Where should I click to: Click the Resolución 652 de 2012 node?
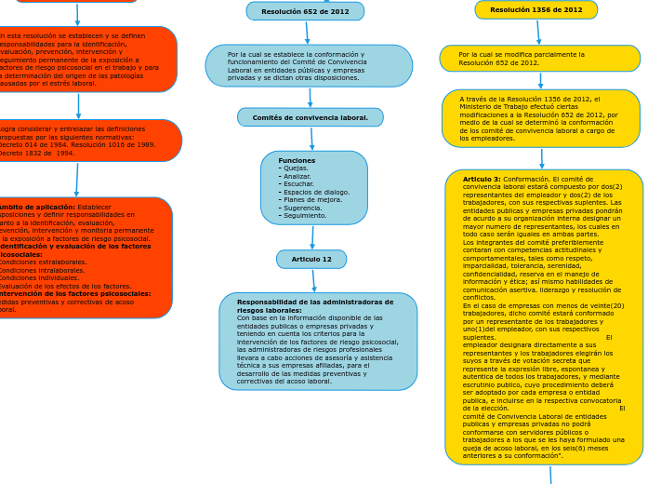click(305, 11)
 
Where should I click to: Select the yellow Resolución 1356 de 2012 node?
click(536, 10)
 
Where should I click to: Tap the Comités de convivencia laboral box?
click(310, 118)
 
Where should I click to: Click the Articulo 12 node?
click(311, 260)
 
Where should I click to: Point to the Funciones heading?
click(297, 161)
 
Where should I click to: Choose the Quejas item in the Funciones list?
click(298, 168)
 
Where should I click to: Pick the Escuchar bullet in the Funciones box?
click(299, 184)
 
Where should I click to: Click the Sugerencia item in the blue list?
click(305, 208)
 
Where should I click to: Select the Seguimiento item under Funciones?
click(307, 216)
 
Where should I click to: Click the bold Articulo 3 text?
click(482, 179)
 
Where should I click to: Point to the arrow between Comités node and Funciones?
click(312, 139)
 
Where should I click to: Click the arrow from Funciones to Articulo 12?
click(312, 237)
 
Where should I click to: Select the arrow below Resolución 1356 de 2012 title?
click(537, 33)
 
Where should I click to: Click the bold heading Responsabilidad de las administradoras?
click(315, 306)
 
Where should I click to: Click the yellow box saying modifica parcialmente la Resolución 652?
click(539, 59)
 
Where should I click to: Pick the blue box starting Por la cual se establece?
click(309, 66)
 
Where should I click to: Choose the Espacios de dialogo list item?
click(316, 193)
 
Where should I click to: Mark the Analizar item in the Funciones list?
click(299, 177)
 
